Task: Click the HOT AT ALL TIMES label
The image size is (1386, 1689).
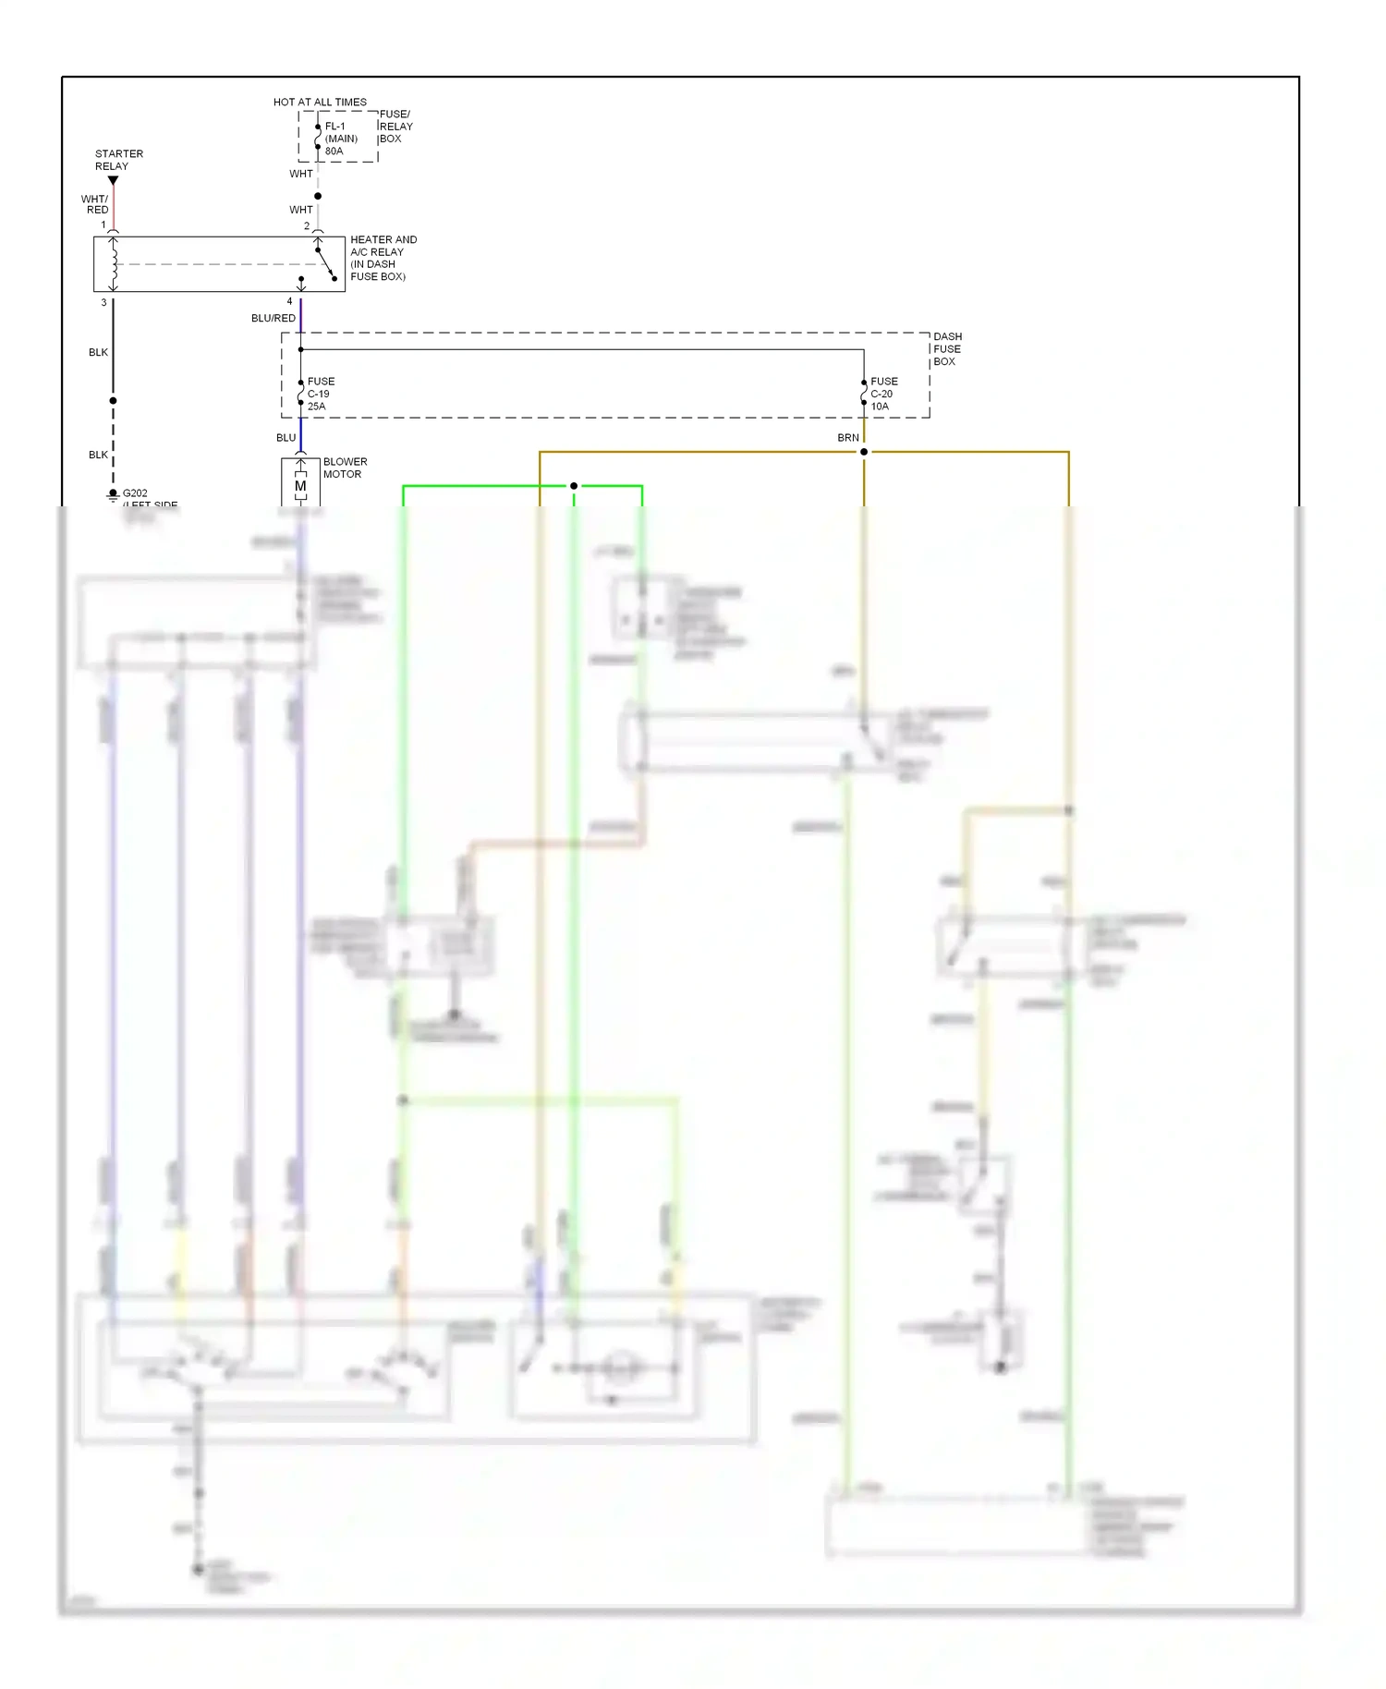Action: [x=320, y=102]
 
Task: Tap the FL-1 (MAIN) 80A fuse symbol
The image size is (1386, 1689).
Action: [x=318, y=137]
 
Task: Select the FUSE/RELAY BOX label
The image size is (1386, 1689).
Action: [x=395, y=127]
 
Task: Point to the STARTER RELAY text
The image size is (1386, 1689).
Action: [x=118, y=160]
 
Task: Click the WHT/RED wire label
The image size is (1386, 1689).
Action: [x=95, y=204]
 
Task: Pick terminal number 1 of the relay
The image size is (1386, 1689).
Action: [x=103, y=225]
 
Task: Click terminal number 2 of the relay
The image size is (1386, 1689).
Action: [x=307, y=225]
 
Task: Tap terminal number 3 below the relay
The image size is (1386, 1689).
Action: [x=103, y=302]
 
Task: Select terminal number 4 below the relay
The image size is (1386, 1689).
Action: [x=289, y=301]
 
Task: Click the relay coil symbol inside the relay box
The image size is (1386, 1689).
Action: [x=114, y=263]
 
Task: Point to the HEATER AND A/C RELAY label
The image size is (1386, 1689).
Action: [x=383, y=258]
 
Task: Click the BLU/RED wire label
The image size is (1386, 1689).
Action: [x=274, y=318]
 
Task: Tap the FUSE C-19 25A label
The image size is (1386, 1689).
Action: [x=320, y=394]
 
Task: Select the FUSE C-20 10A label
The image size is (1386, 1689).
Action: [x=883, y=394]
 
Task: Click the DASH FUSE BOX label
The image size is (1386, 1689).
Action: [x=947, y=349]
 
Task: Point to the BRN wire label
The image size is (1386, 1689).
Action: [x=847, y=438]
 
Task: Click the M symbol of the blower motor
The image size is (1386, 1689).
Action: [x=300, y=486]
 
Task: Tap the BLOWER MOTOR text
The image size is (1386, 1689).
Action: [x=345, y=468]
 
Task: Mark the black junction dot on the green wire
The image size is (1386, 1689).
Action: [x=574, y=486]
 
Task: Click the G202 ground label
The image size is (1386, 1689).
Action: [x=135, y=493]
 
